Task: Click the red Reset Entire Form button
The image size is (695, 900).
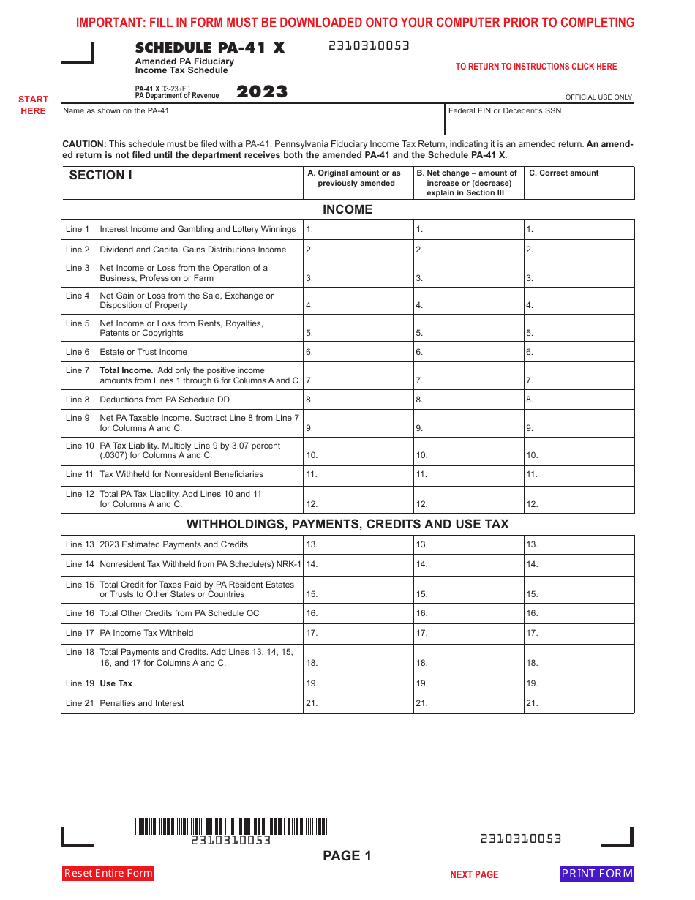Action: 108,873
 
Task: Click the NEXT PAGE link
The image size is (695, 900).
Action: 474,874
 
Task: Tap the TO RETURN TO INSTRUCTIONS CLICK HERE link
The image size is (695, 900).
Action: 536,67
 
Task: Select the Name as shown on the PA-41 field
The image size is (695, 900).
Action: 253,117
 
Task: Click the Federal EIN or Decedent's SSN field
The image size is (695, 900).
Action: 540,117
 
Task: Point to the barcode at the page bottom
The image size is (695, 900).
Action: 230,827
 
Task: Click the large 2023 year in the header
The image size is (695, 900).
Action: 261,92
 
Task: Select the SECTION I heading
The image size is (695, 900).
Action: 101,176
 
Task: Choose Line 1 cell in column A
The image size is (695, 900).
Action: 358,230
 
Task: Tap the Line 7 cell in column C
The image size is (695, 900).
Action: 579,375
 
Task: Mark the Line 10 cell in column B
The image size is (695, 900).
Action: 468,451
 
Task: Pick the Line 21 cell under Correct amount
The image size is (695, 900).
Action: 579,703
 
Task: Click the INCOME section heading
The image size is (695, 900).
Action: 347,210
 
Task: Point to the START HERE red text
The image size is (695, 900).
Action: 33,105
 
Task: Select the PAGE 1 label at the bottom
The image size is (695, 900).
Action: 347,856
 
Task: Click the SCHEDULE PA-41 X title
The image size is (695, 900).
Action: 210,48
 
